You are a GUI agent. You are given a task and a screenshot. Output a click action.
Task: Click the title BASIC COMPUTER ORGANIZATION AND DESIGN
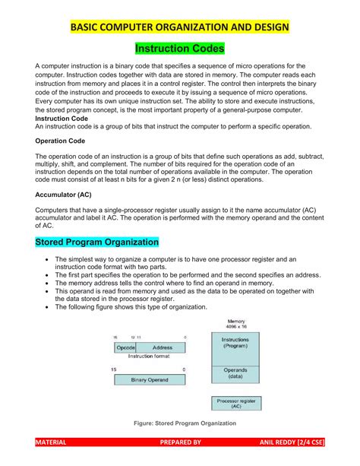point(180,28)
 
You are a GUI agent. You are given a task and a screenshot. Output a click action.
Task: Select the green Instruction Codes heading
point(180,49)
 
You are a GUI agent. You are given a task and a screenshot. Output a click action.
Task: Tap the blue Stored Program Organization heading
point(97,243)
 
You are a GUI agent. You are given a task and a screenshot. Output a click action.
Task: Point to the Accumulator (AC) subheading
point(64,194)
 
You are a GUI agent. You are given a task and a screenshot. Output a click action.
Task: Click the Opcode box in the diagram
point(125,347)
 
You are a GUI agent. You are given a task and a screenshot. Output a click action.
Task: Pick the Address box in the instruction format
point(162,347)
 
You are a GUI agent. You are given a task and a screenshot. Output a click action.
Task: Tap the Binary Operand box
point(150,379)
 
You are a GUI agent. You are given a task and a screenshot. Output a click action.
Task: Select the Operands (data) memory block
point(235,373)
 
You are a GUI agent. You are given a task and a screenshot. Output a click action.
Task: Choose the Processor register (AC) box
point(235,404)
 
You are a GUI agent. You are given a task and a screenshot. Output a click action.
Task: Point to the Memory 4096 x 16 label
point(235,322)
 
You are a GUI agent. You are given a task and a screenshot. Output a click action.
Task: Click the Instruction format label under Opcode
point(149,356)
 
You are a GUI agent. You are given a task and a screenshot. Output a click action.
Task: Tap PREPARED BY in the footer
point(176,442)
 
